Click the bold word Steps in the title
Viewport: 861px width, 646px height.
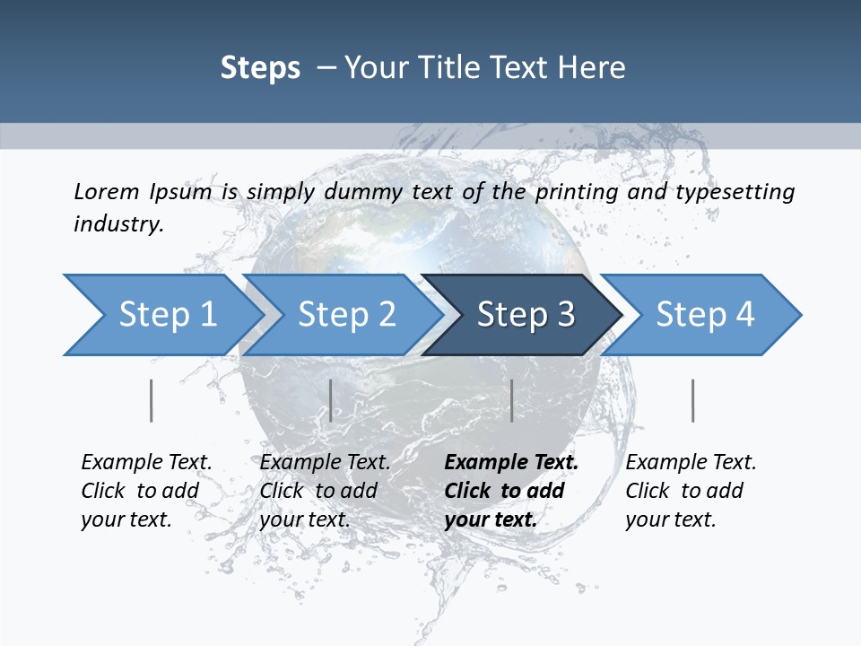point(260,68)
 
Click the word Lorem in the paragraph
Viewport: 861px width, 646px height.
point(106,191)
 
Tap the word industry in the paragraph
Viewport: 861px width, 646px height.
point(118,224)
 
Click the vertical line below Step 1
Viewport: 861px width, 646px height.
point(152,400)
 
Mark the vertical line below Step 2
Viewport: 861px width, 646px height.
point(331,400)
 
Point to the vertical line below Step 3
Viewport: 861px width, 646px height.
point(511,400)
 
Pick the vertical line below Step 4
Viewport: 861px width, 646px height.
point(693,400)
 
